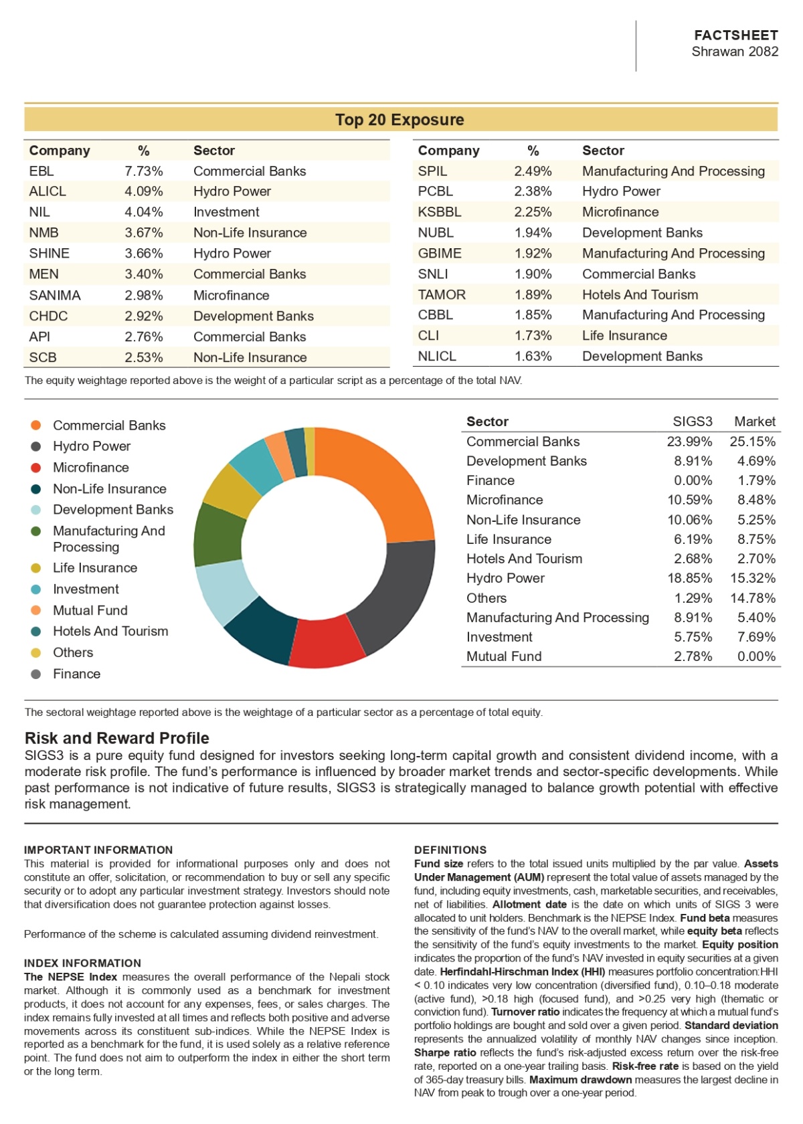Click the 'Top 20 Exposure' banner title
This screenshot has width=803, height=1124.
[x=399, y=120]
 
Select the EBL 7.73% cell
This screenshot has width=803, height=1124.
[x=143, y=171]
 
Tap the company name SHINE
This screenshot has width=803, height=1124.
[x=50, y=254]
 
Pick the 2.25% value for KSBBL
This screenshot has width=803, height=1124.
[x=533, y=212]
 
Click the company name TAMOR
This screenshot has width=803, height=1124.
[x=442, y=294]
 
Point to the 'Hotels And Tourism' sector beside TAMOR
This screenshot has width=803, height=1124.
[x=640, y=294]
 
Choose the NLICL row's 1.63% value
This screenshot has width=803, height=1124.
[x=533, y=356]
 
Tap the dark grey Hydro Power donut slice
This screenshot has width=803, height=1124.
[x=396, y=597]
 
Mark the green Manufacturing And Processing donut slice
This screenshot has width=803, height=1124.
[x=217, y=535]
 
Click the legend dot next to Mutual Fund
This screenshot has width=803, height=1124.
[x=35, y=610]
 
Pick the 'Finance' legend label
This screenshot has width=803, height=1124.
[x=77, y=674]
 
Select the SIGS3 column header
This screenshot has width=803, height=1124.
[x=692, y=421]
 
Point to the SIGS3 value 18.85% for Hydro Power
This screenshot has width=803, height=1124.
[x=689, y=578]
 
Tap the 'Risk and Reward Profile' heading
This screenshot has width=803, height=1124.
[x=117, y=738]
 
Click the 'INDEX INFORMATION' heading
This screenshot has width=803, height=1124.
[x=82, y=963]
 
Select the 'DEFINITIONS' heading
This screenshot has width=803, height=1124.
[x=450, y=850]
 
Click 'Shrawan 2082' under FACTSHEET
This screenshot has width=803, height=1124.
[x=735, y=51]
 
